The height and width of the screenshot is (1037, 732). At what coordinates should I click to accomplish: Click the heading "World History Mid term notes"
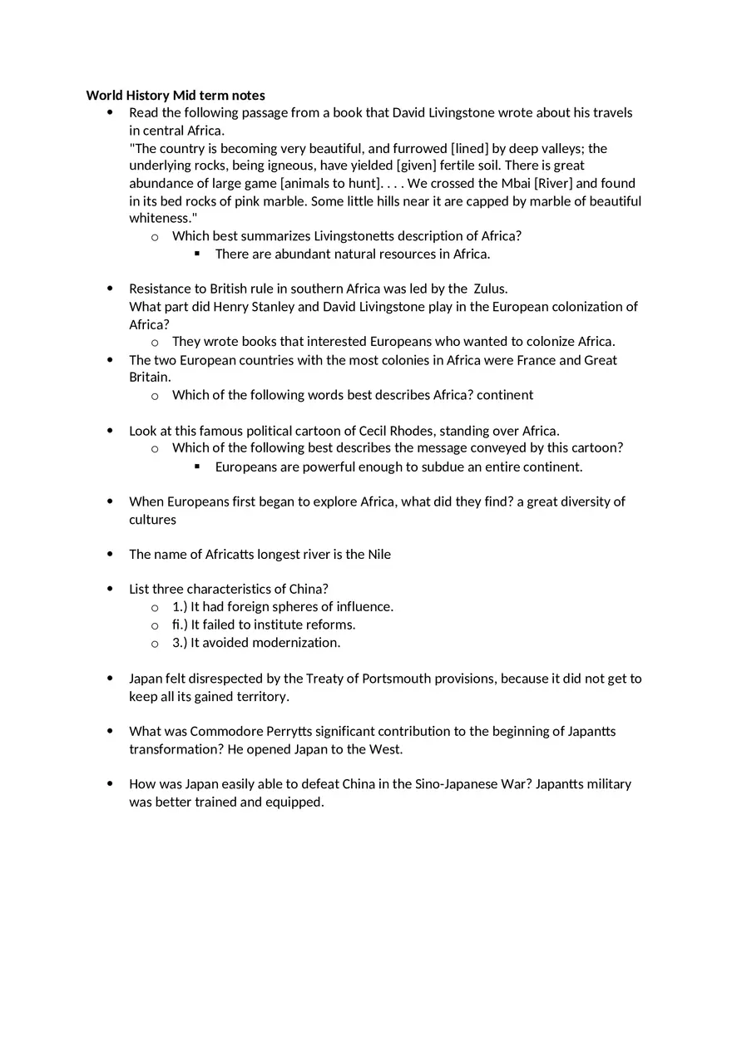point(176,95)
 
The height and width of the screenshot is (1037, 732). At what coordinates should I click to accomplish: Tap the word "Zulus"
point(489,289)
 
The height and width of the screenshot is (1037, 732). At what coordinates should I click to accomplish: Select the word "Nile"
point(379,554)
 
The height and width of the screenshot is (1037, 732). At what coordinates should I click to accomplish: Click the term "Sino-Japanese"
point(456,783)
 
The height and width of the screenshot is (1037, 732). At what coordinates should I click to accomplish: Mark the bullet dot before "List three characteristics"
point(110,589)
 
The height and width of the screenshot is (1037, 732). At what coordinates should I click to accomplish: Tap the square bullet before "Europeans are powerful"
point(197,467)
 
